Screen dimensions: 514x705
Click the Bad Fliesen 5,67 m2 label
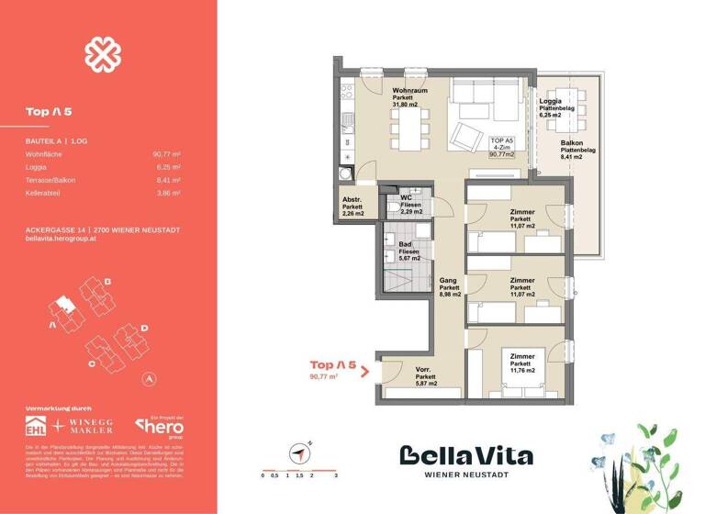(409, 251)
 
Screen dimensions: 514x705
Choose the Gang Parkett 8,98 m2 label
(449, 287)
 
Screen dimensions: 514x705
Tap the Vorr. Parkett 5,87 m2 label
(425, 376)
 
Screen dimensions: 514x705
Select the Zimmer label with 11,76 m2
(521, 363)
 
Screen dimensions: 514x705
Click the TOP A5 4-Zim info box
(501, 147)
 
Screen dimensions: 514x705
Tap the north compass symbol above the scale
(299, 453)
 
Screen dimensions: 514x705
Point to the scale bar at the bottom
(299, 469)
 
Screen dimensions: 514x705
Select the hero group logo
(161, 426)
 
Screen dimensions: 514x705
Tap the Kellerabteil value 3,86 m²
(167, 194)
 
